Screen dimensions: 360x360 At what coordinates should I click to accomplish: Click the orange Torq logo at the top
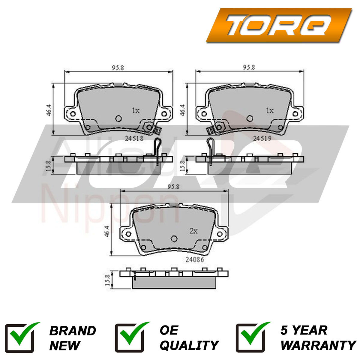click(x=279, y=25)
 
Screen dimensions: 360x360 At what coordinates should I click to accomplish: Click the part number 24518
click(x=134, y=138)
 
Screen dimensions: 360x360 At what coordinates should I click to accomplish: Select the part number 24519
click(x=262, y=138)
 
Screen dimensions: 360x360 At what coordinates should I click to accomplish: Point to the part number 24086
click(x=195, y=259)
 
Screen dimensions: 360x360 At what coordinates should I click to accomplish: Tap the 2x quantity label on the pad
click(x=193, y=231)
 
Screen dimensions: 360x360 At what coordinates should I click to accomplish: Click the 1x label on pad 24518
click(x=136, y=111)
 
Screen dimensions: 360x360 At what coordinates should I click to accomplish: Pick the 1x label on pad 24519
click(x=270, y=111)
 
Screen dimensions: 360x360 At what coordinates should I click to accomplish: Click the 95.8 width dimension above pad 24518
click(x=118, y=67)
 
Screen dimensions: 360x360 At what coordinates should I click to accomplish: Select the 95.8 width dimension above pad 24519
click(x=249, y=67)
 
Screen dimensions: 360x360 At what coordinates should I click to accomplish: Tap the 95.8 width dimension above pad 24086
click(x=173, y=187)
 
